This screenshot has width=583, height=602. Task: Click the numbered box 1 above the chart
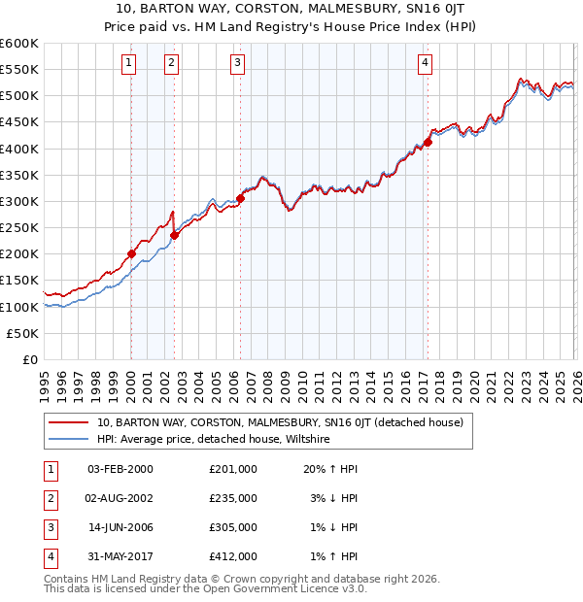(129, 64)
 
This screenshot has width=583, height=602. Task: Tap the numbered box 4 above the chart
(426, 64)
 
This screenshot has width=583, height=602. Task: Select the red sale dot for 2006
(240, 198)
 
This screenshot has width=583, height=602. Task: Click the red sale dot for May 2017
(428, 142)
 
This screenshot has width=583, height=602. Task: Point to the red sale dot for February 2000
(131, 253)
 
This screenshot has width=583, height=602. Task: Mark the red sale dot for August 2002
(174, 235)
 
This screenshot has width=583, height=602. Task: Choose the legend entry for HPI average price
(214, 439)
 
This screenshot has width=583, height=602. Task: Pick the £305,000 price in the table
(233, 529)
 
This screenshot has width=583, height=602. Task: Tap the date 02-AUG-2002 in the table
(120, 498)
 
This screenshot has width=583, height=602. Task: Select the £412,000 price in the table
(233, 559)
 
